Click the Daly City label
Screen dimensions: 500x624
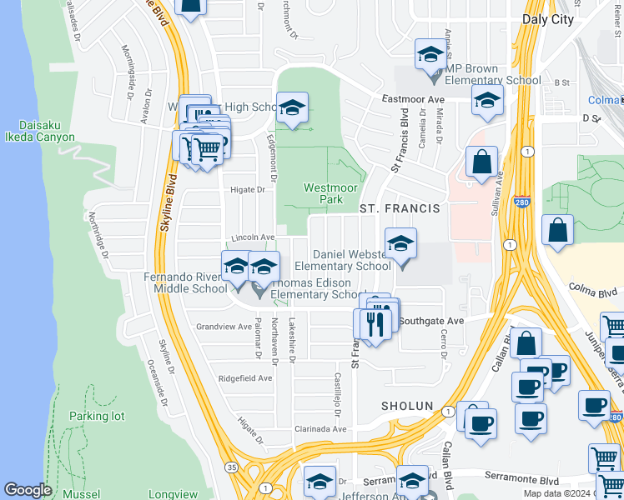(x=548, y=19)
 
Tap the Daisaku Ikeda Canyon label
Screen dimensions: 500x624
(x=40, y=131)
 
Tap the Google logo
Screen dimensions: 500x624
(x=28, y=490)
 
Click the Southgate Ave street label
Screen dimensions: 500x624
(x=430, y=321)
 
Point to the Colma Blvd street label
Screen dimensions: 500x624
(x=592, y=292)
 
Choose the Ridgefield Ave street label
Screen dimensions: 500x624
(x=244, y=377)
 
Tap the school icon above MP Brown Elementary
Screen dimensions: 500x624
(x=430, y=57)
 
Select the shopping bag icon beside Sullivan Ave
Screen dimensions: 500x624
(x=482, y=162)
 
